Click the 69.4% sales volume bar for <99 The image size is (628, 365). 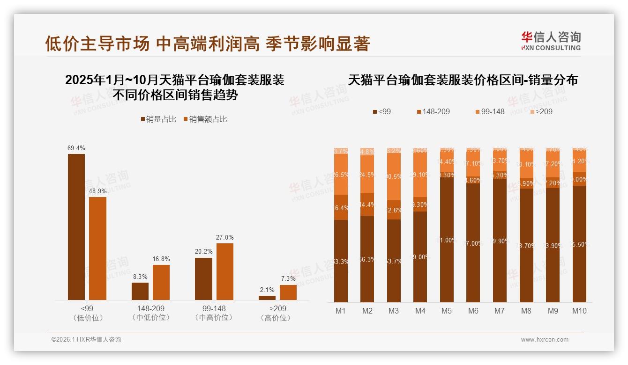coord(76,227)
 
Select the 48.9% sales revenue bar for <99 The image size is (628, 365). coord(97,248)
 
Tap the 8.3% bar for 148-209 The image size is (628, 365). coord(140,291)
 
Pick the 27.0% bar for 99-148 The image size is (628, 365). coord(224,271)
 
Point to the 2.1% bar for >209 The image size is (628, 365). coord(267,298)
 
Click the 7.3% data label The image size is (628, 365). coord(288,279)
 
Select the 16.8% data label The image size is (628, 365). coord(161,259)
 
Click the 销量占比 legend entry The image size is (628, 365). coord(158,119)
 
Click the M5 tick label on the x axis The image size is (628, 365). coord(447,311)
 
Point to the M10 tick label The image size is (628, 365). coord(579,311)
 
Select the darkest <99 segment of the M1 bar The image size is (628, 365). coord(341,261)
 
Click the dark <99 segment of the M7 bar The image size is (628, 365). coord(500,241)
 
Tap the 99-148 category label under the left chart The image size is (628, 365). coord(214,309)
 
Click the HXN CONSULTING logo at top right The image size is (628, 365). coord(551,41)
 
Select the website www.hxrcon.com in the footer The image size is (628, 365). coord(545,340)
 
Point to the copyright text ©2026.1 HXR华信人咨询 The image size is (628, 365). coord(86,340)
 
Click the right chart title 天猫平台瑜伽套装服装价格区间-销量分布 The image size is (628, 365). coord(463,80)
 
